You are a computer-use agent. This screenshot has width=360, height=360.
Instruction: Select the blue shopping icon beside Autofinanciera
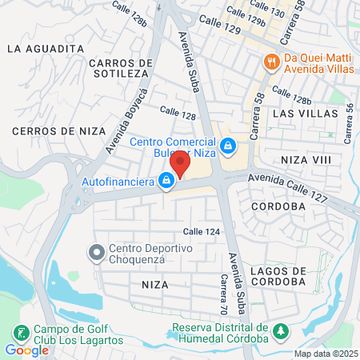166,182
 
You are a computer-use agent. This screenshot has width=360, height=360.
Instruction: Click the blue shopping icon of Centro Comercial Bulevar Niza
229,146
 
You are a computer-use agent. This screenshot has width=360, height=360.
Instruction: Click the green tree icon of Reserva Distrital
281,330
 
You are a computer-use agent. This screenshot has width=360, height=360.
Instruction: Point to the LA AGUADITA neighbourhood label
45,48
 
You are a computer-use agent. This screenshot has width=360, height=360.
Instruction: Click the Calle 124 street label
201,231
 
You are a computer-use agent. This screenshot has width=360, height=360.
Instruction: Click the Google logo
26,350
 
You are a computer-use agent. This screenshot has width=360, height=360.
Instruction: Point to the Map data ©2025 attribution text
326,354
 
